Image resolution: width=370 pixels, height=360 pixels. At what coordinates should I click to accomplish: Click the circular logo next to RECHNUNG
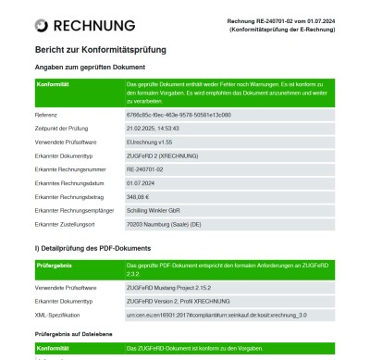click(x=42, y=26)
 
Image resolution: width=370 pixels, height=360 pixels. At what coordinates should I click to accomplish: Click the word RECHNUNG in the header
click(x=95, y=26)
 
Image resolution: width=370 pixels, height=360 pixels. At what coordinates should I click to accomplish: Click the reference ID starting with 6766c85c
click(x=179, y=114)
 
